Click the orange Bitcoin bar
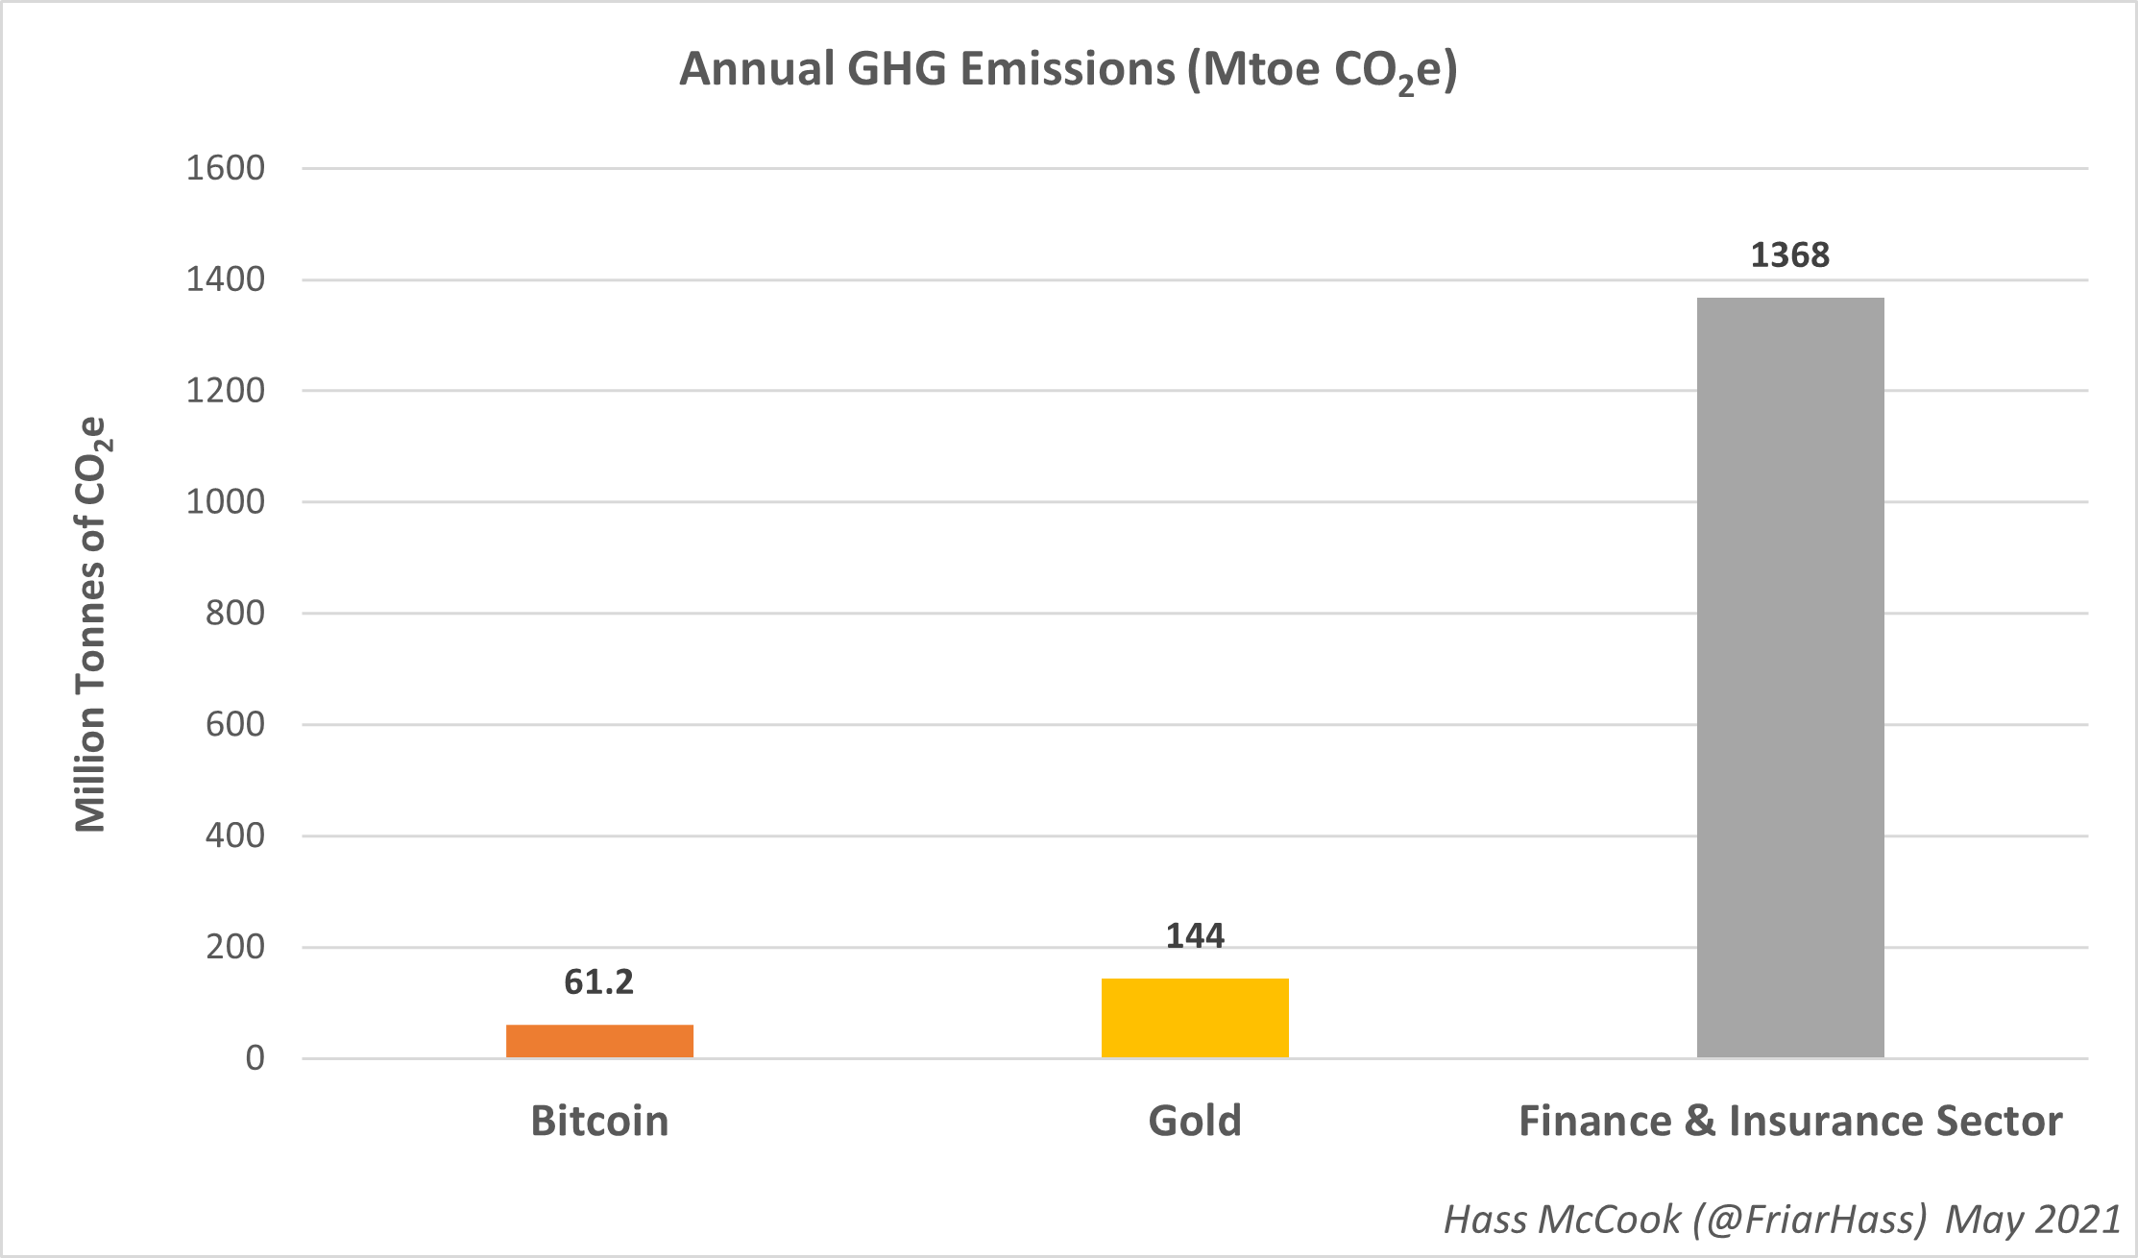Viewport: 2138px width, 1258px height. click(599, 1041)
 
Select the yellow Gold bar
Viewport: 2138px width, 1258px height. click(1195, 1018)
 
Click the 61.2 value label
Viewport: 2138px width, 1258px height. click(599, 981)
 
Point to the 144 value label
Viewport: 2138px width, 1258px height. click(1195, 935)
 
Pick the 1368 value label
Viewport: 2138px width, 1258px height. click(1790, 254)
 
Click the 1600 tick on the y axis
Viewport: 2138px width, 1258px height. click(225, 168)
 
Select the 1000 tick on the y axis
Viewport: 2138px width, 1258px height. click(225, 501)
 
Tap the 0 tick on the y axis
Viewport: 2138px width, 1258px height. click(255, 1057)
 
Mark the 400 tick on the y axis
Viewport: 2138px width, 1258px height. click(234, 835)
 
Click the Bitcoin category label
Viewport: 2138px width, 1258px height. click(599, 1121)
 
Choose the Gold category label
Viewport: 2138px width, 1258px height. click(1195, 1121)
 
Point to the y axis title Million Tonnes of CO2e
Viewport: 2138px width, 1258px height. click(92, 624)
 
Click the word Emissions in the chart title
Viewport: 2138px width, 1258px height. click(1067, 69)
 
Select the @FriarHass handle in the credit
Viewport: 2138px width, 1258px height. click(1810, 1219)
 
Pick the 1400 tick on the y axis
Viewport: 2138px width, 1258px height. click(225, 279)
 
